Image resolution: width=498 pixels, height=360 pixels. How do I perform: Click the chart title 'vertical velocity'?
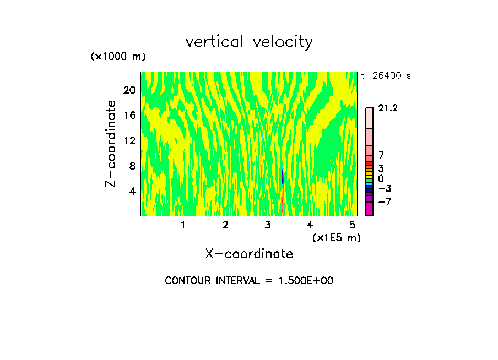click(249, 42)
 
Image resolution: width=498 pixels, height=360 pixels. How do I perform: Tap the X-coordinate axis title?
click(249, 254)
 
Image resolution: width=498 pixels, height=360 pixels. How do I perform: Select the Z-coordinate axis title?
click(111, 144)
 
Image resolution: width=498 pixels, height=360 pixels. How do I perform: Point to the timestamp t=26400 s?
click(386, 76)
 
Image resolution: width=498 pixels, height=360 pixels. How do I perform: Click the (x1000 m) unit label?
click(118, 57)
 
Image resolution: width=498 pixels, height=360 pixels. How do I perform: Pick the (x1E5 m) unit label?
click(336, 237)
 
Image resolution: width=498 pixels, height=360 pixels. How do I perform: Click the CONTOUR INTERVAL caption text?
click(249, 281)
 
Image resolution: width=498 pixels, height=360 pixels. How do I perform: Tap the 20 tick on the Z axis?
click(129, 90)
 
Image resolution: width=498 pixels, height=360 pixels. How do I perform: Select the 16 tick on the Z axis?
click(129, 115)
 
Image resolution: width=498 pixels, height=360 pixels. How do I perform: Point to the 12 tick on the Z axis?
click(129, 140)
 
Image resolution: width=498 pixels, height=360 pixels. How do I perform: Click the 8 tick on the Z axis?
click(132, 166)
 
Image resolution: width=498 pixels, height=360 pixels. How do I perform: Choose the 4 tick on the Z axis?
click(132, 191)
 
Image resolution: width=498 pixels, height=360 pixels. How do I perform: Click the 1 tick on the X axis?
click(183, 225)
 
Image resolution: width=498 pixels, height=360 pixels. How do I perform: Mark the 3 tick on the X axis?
click(268, 225)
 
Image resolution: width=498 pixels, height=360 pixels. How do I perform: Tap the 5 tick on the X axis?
click(352, 225)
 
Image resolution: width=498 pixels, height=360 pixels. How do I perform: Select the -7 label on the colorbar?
click(385, 202)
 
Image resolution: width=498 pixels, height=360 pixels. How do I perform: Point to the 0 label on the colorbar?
click(381, 179)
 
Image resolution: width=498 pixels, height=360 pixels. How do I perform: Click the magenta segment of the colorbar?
click(369, 209)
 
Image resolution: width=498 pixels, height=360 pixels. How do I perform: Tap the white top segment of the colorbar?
click(369, 118)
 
